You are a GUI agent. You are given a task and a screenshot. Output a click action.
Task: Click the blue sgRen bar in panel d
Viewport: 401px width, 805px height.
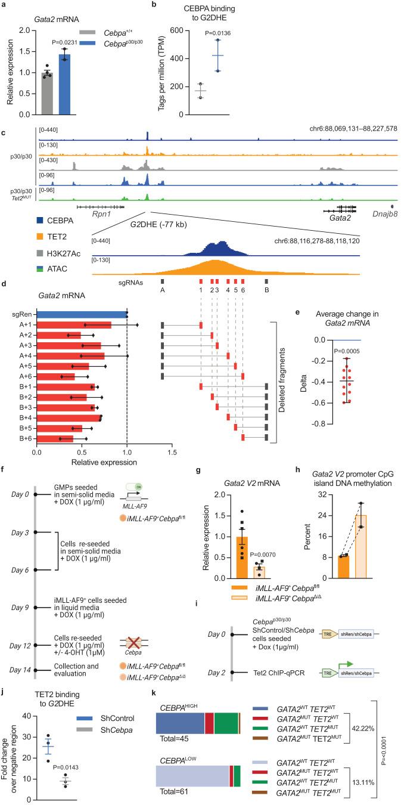point(82,314)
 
